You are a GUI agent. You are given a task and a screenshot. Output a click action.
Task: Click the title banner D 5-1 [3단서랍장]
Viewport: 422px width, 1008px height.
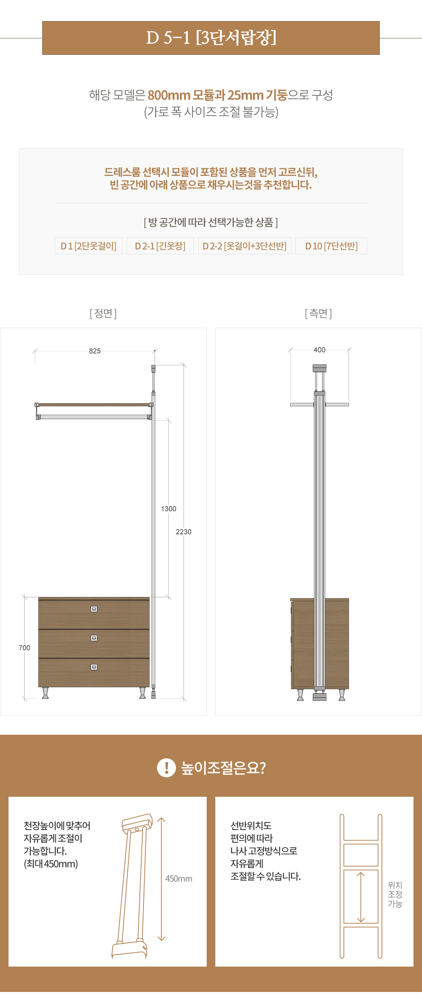(211, 38)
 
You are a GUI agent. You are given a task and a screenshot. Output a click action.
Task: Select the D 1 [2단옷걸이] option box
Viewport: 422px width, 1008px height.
(89, 246)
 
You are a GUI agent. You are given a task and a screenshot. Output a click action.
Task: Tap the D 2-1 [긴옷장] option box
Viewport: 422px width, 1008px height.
(160, 246)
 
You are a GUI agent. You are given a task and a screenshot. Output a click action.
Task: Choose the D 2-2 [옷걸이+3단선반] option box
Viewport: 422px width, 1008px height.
(245, 246)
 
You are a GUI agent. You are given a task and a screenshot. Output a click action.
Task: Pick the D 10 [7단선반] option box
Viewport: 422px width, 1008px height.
(331, 246)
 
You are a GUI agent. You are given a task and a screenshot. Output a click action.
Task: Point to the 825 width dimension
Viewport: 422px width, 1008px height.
(95, 351)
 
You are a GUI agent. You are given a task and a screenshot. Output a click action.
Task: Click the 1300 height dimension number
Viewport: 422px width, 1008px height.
(168, 509)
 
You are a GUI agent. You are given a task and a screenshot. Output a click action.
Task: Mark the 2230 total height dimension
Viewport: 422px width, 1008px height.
(184, 532)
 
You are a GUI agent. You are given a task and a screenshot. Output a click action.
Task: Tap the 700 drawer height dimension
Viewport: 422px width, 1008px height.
(24, 648)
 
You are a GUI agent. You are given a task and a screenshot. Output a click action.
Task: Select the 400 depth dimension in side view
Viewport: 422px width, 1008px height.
(319, 350)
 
